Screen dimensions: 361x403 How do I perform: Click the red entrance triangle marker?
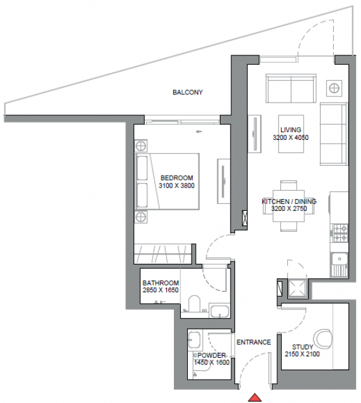click(255, 397)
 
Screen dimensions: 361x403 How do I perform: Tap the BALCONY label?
click(188, 93)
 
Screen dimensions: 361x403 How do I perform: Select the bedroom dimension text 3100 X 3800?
click(176, 186)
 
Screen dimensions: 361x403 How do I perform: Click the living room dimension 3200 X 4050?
click(290, 137)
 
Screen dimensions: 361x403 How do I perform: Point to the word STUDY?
click(302, 347)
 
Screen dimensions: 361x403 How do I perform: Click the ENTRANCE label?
click(254, 342)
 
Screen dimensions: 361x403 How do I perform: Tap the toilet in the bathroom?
click(195, 304)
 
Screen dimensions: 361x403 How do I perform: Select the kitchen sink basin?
click(340, 258)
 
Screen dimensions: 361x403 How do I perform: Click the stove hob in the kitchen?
click(340, 233)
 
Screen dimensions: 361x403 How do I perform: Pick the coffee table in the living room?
click(291, 133)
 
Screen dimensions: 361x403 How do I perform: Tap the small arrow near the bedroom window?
click(198, 132)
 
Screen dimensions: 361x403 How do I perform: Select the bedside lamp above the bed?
click(141, 146)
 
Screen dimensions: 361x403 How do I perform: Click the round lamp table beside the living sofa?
click(335, 88)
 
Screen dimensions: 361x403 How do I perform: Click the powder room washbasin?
click(194, 340)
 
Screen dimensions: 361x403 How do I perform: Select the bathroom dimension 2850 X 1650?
click(161, 290)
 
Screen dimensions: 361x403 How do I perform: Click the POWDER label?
click(211, 355)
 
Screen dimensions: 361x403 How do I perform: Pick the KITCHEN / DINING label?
click(289, 201)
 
